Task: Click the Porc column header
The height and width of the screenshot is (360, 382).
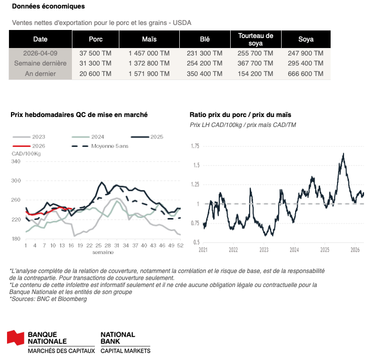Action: click(x=96, y=39)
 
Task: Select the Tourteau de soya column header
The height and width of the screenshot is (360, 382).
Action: click(x=256, y=39)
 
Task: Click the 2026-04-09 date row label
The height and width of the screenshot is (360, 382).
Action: click(x=40, y=53)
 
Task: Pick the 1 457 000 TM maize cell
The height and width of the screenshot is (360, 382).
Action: click(x=149, y=53)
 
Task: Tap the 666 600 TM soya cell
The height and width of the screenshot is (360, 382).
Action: click(x=306, y=73)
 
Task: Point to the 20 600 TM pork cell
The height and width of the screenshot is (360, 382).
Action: click(x=95, y=73)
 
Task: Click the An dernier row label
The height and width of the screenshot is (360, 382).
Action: click(x=40, y=73)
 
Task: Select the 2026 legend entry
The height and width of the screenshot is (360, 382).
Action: click(x=35, y=145)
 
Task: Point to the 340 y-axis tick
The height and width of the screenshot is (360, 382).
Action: click(x=16, y=161)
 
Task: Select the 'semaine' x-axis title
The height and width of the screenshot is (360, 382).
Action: click(x=102, y=252)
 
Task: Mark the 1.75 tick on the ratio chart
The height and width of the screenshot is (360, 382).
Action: click(x=195, y=146)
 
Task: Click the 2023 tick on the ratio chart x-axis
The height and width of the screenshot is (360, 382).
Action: click(x=264, y=249)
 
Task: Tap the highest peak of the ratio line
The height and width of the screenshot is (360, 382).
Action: click(x=344, y=153)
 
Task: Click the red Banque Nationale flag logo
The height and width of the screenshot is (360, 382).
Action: click(x=15, y=337)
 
